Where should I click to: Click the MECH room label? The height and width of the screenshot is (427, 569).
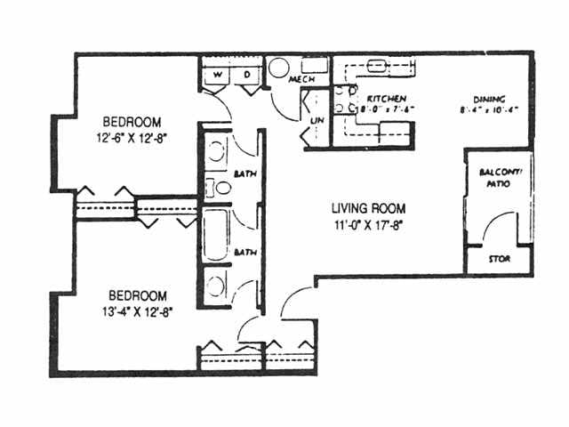click(301, 80)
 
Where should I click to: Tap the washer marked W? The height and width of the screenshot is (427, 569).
click(217, 76)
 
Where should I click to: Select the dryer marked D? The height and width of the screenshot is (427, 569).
click(247, 76)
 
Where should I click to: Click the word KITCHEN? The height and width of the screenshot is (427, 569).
click(387, 98)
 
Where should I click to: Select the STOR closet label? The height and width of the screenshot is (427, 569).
click(499, 260)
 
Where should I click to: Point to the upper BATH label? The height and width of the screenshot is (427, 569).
click(245, 173)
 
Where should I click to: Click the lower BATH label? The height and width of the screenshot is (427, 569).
click(245, 253)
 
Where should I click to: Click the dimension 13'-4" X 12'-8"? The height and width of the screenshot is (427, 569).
click(140, 312)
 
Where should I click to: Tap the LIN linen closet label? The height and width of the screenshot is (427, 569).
click(317, 119)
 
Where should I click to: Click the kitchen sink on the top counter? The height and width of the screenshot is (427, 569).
click(379, 65)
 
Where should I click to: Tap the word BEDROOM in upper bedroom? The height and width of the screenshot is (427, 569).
click(132, 122)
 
